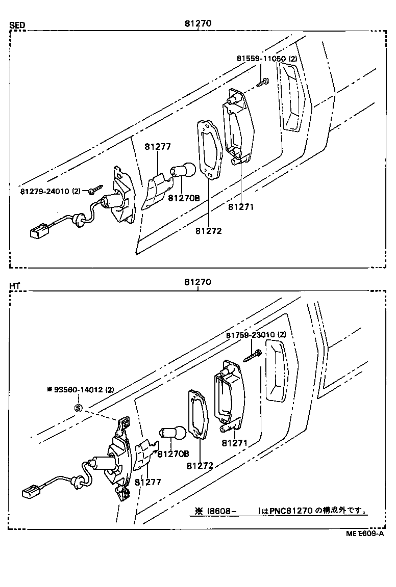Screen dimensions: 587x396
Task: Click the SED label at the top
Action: click(17, 25)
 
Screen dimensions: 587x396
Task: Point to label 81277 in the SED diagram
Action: click(157, 147)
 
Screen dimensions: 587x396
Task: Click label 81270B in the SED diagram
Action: click(184, 198)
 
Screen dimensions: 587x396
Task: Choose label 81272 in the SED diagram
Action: click(208, 231)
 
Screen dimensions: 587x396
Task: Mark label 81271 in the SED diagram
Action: click(241, 207)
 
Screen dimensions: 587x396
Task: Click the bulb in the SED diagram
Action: click(184, 170)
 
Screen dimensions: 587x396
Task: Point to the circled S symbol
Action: click(79, 408)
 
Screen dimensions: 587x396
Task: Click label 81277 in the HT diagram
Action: click(148, 482)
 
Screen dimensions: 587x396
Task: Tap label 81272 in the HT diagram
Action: click(200, 466)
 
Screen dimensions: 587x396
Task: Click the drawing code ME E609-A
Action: click(364, 534)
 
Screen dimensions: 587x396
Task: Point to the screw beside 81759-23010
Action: click(253, 355)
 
